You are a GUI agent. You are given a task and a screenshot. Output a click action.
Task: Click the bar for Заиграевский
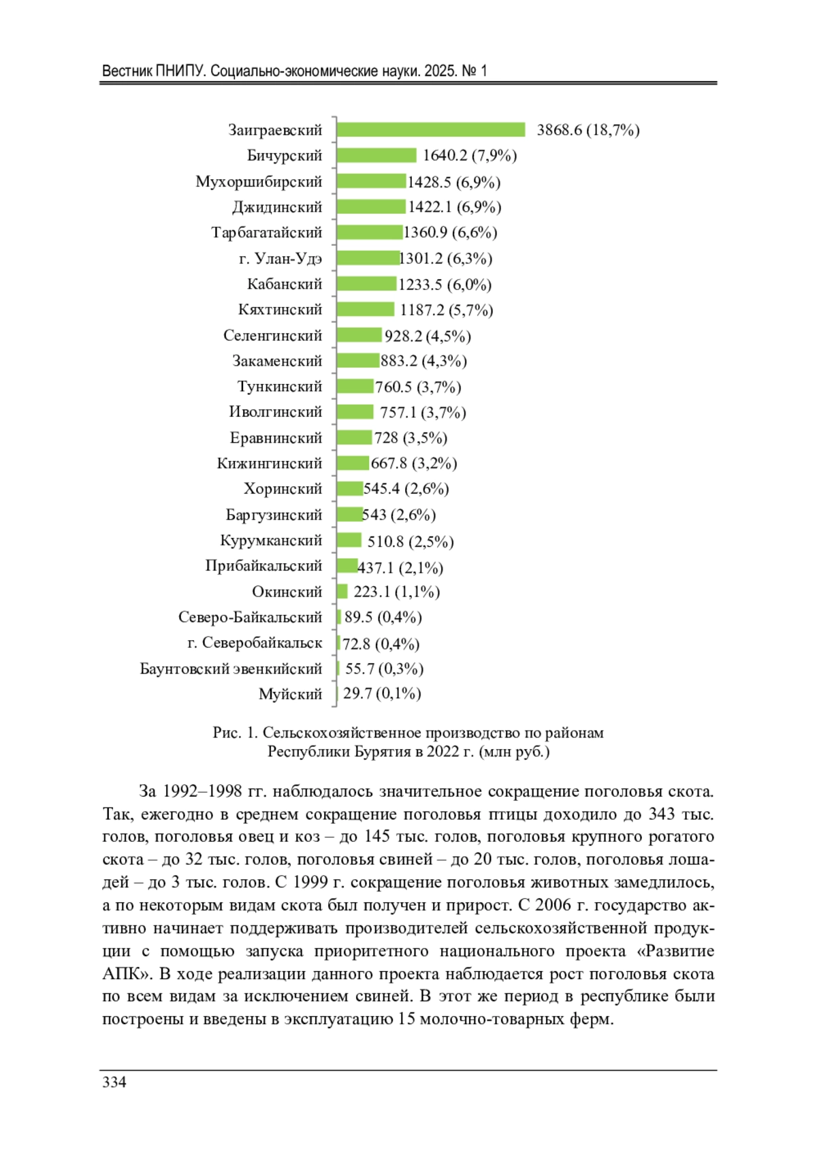pyautogui.click(x=431, y=130)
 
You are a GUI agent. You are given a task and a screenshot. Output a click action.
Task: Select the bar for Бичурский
pyautogui.click(x=377, y=156)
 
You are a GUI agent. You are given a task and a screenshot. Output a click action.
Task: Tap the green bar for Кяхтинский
pyautogui.click(x=366, y=310)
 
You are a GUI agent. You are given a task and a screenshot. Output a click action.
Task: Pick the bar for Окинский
pyautogui.click(x=342, y=592)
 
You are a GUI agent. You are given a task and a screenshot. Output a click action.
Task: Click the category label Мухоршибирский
pyautogui.click(x=259, y=182)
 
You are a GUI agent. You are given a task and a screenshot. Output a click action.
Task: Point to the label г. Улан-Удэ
pyautogui.click(x=281, y=259)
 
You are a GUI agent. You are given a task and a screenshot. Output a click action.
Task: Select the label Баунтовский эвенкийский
pyautogui.click(x=231, y=669)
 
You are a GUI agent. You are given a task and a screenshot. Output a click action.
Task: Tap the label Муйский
pyautogui.click(x=290, y=694)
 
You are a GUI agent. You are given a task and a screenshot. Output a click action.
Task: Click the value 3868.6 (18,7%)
pyautogui.click(x=588, y=130)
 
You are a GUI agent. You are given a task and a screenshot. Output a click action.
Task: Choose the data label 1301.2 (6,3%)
pyautogui.click(x=446, y=259)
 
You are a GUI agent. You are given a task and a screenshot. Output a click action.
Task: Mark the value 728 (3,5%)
pyautogui.click(x=411, y=438)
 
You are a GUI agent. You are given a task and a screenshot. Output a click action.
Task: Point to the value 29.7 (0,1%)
pyautogui.click(x=382, y=694)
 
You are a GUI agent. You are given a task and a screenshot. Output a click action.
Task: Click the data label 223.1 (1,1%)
pyautogui.click(x=396, y=592)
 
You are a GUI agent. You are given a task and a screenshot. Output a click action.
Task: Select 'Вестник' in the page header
pyautogui.click(x=127, y=71)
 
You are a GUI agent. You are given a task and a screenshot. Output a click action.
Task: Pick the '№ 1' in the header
pyautogui.click(x=475, y=71)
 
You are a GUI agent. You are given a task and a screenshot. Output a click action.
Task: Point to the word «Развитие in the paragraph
pyautogui.click(x=674, y=951)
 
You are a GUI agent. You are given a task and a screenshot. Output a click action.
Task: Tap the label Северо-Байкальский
pyautogui.click(x=250, y=618)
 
